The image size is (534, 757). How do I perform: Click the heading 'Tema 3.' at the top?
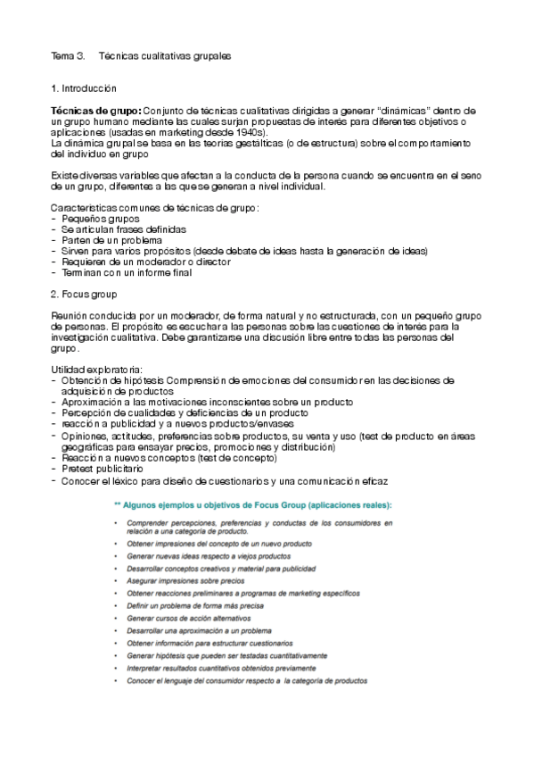67,55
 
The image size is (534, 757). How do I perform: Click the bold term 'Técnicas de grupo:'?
95,110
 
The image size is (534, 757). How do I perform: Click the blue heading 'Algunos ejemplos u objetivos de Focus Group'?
259,505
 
